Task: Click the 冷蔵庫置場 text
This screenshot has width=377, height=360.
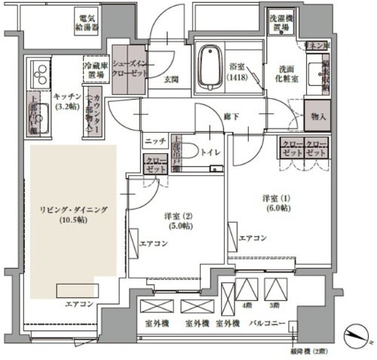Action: (x=97, y=71)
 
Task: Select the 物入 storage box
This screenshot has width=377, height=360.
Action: (x=318, y=116)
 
